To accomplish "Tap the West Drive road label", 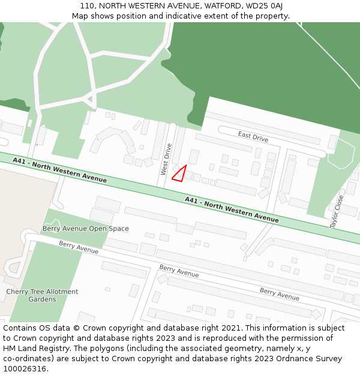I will click(x=166, y=159).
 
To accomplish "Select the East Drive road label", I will click(x=253, y=137).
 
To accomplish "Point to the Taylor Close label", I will click(x=337, y=211).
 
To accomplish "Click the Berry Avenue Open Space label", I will click(x=85, y=229).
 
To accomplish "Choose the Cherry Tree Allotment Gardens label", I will click(x=42, y=295).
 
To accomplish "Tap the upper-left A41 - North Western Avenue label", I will click(x=59, y=170).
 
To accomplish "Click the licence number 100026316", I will click(x=24, y=369).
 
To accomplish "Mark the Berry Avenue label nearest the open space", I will click(x=79, y=247).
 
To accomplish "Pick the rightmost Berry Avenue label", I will click(x=279, y=294).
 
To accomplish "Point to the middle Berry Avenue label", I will click(x=179, y=271).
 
